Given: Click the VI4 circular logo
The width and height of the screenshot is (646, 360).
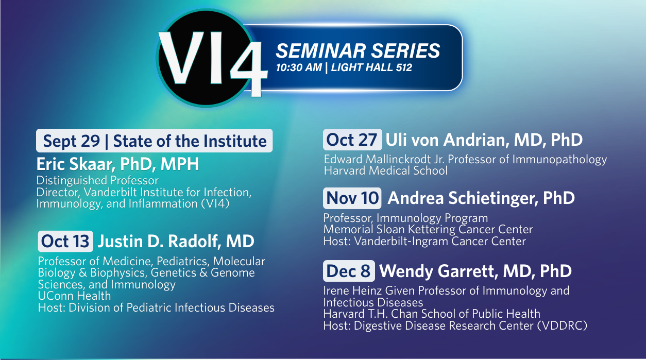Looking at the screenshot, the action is (206, 58).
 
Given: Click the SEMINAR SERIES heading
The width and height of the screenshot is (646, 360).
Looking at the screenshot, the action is (358, 50).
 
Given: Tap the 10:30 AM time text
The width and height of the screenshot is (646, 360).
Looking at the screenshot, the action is (299, 67).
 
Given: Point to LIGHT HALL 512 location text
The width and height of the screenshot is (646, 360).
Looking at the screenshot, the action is (371, 67).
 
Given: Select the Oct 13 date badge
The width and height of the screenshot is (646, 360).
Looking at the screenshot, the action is (65, 241).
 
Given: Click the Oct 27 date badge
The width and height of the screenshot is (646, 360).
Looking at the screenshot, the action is (352, 140).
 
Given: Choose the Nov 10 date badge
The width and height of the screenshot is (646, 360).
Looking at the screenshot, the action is (352, 198).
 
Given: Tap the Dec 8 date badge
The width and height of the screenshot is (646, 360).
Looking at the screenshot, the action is (349, 271).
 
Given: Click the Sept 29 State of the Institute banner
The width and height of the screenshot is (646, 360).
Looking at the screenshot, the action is (155, 141).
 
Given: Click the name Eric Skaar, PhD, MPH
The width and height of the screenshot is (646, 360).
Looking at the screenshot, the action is (117, 164).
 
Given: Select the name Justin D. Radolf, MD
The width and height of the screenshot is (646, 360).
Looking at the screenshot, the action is (176, 241).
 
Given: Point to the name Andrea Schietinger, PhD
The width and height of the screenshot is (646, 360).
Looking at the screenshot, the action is (481, 198).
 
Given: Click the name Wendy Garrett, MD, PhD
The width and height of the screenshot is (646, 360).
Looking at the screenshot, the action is (475, 271).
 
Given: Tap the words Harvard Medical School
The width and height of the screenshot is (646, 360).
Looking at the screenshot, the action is (386, 170).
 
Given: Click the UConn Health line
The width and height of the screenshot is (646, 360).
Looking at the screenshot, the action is (74, 296).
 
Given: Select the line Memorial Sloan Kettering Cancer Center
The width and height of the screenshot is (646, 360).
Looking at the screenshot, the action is (428, 230).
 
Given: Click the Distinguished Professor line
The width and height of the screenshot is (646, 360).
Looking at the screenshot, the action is (97, 180).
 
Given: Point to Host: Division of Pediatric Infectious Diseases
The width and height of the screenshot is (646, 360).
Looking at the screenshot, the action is (156, 308).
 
